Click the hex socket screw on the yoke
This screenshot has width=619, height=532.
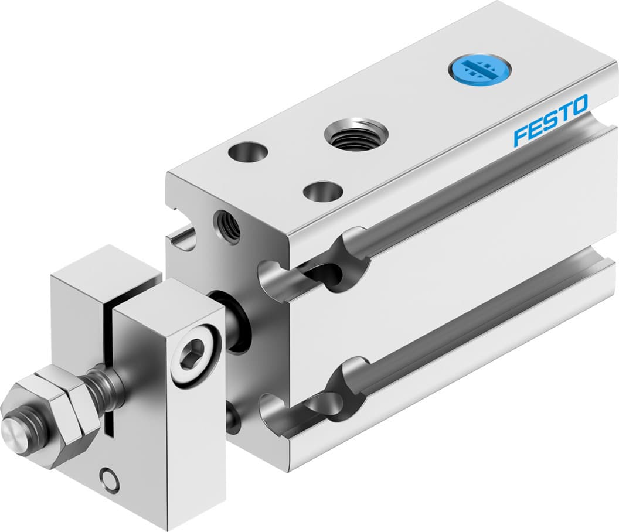click(x=196, y=356)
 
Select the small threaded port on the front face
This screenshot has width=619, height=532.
click(x=227, y=225)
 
